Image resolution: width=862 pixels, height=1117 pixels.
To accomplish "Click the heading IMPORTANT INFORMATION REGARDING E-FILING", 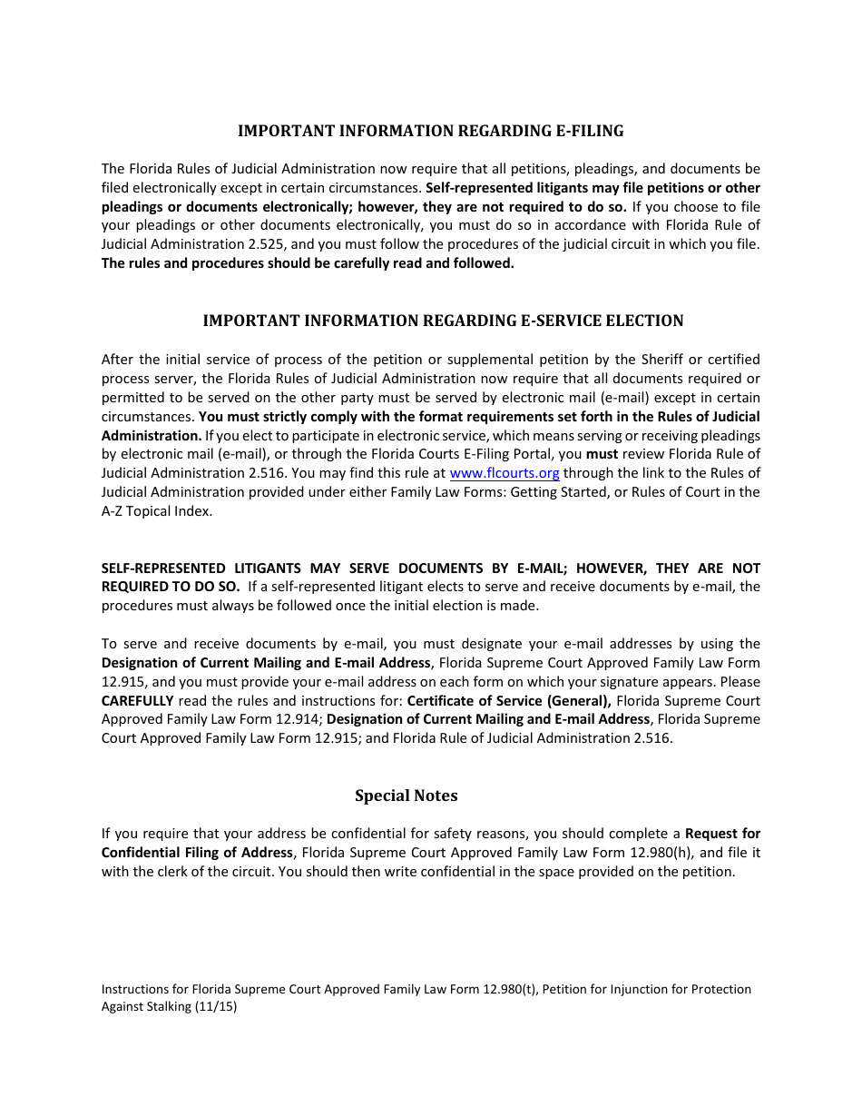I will coord(430,131).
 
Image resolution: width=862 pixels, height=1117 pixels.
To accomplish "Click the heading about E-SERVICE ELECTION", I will coord(443,321).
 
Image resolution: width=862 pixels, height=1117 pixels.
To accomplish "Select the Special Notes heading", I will coord(406,796).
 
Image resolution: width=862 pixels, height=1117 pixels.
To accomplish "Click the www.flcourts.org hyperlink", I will coord(504,473).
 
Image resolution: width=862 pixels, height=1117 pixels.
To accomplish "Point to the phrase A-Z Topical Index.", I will coord(156,511).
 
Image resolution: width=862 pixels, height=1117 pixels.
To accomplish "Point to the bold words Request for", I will coord(722,834).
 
